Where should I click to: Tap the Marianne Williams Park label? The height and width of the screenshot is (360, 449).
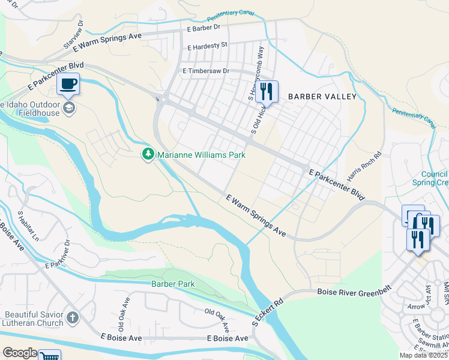click(201, 155)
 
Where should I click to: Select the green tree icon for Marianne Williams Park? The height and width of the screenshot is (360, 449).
click(148, 155)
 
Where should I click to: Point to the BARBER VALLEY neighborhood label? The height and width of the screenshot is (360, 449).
click(322, 97)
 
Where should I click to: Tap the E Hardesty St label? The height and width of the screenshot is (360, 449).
click(207, 46)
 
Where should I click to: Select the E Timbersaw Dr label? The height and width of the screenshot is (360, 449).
click(206, 71)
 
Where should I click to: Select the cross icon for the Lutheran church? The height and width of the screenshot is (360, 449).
click(72, 317)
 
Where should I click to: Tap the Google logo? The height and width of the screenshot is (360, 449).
click(20, 353)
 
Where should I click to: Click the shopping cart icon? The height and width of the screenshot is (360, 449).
click(49, 356)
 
